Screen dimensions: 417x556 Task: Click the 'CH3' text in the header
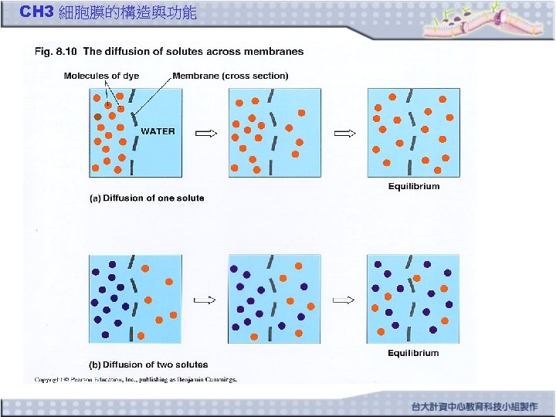pyautogui.click(x=36, y=12)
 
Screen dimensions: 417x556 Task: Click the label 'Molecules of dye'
pyautogui.click(x=101, y=76)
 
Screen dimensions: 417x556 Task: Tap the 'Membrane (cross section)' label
pyautogui.click(x=230, y=76)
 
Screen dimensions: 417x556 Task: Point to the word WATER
pyautogui.click(x=158, y=131)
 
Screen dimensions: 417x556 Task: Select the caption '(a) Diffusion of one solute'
pyautogui.click(x=147, y=198)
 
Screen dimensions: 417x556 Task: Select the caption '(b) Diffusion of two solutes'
pyautogui.click(x=148, y=364)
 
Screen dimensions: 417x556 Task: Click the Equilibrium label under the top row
pyautogui.click(x=413, y=186)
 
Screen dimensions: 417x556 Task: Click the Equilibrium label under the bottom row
pyautogui.click(x=413, y=353)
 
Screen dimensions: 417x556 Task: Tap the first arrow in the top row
pyautogui.click(x=206, y=133)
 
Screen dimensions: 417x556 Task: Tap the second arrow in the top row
pyautogui.click(x=344, y=133)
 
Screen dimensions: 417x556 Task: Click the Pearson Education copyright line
pyautogui.click(x=136, y=379)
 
